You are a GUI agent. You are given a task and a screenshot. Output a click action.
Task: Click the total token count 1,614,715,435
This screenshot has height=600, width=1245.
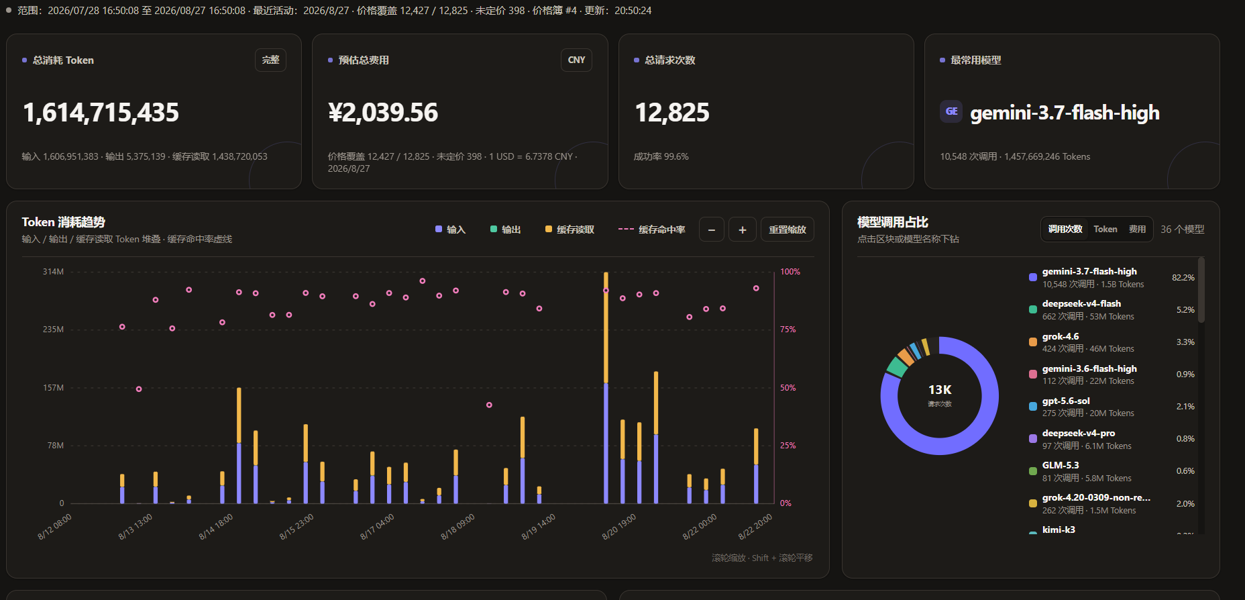point(101,112)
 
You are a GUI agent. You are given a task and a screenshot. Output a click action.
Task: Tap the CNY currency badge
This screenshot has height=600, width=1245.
point(576,60)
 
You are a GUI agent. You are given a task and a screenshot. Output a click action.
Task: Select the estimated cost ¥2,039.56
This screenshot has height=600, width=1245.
point(383,112)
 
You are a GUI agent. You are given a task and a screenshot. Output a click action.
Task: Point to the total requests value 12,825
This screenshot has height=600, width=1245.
point(672,112)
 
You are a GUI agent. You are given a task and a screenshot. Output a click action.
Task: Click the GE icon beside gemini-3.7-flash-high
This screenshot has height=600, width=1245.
point(951,111)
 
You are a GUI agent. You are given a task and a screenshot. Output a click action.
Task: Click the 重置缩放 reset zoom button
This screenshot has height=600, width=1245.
point(788,230)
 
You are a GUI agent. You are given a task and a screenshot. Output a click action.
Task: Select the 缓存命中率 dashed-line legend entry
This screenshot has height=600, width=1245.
point(651,230)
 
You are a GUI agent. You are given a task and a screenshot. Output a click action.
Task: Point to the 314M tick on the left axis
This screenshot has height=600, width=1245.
point(53,272)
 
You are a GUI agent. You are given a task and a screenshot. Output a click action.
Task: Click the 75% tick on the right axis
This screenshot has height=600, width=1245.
point(788,330)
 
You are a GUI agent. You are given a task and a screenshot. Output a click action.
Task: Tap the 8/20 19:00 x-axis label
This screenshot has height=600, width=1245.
point(619,527)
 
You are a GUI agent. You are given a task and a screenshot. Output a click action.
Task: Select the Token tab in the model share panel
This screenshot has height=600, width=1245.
point(1105,230)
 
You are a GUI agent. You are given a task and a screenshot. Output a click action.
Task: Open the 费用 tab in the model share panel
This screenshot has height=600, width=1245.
point(1137,230)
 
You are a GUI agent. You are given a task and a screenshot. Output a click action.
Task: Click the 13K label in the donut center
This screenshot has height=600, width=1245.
point(940,390)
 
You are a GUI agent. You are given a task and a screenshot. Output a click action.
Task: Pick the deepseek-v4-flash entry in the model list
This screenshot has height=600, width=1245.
point(1081,304)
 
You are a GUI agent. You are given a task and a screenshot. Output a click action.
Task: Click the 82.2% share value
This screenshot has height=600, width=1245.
point(1183,278)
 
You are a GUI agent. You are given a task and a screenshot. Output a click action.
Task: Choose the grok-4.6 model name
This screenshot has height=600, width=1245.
point(1061,336)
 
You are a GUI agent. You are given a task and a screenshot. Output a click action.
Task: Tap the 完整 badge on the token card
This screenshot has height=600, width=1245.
point(270,60)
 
